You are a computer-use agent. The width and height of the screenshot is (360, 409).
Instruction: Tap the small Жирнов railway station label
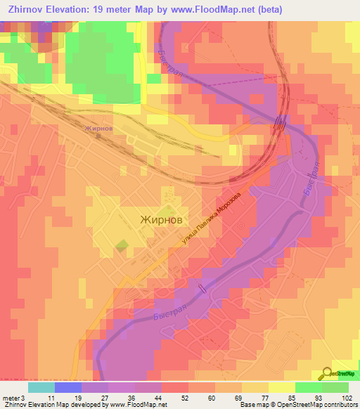click(x=98, y=129)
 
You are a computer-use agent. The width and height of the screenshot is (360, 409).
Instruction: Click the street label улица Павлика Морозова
click(x=211, y=219)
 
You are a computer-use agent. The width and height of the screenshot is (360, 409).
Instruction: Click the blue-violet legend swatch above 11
click(x=67, y=387)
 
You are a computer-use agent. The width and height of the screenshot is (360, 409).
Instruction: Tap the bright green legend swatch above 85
click(x=307, y=387)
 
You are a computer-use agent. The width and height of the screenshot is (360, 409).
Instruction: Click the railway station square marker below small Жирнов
click(x=99, y=138)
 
